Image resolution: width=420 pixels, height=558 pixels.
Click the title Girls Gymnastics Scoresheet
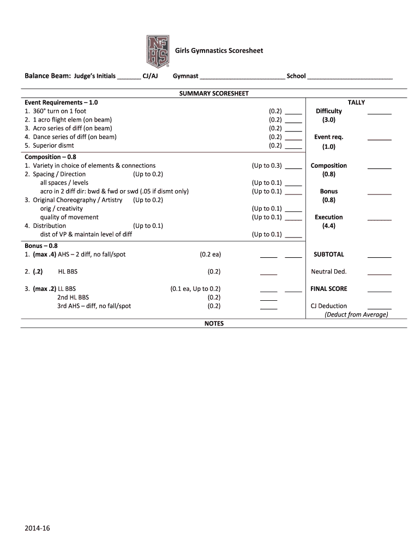[219, 51]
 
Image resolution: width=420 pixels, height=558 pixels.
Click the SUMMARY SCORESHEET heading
[214, 93]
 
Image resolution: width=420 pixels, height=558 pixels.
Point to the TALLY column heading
[356, 102]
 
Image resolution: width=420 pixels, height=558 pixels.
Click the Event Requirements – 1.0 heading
[61, 102]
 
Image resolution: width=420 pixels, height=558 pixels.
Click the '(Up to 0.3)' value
[267, 166]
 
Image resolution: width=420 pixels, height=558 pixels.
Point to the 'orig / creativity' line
[61, 208]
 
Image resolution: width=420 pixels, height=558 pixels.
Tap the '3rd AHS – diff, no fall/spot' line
[94, 306]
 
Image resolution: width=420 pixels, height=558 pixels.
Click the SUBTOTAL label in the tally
[329, 254]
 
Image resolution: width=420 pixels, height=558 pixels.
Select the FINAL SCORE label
[328, 289]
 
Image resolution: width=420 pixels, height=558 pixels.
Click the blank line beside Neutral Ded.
[379, 273]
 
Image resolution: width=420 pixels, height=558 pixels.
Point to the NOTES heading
[214, 323]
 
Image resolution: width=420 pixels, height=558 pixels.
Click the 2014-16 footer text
[37, 528]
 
